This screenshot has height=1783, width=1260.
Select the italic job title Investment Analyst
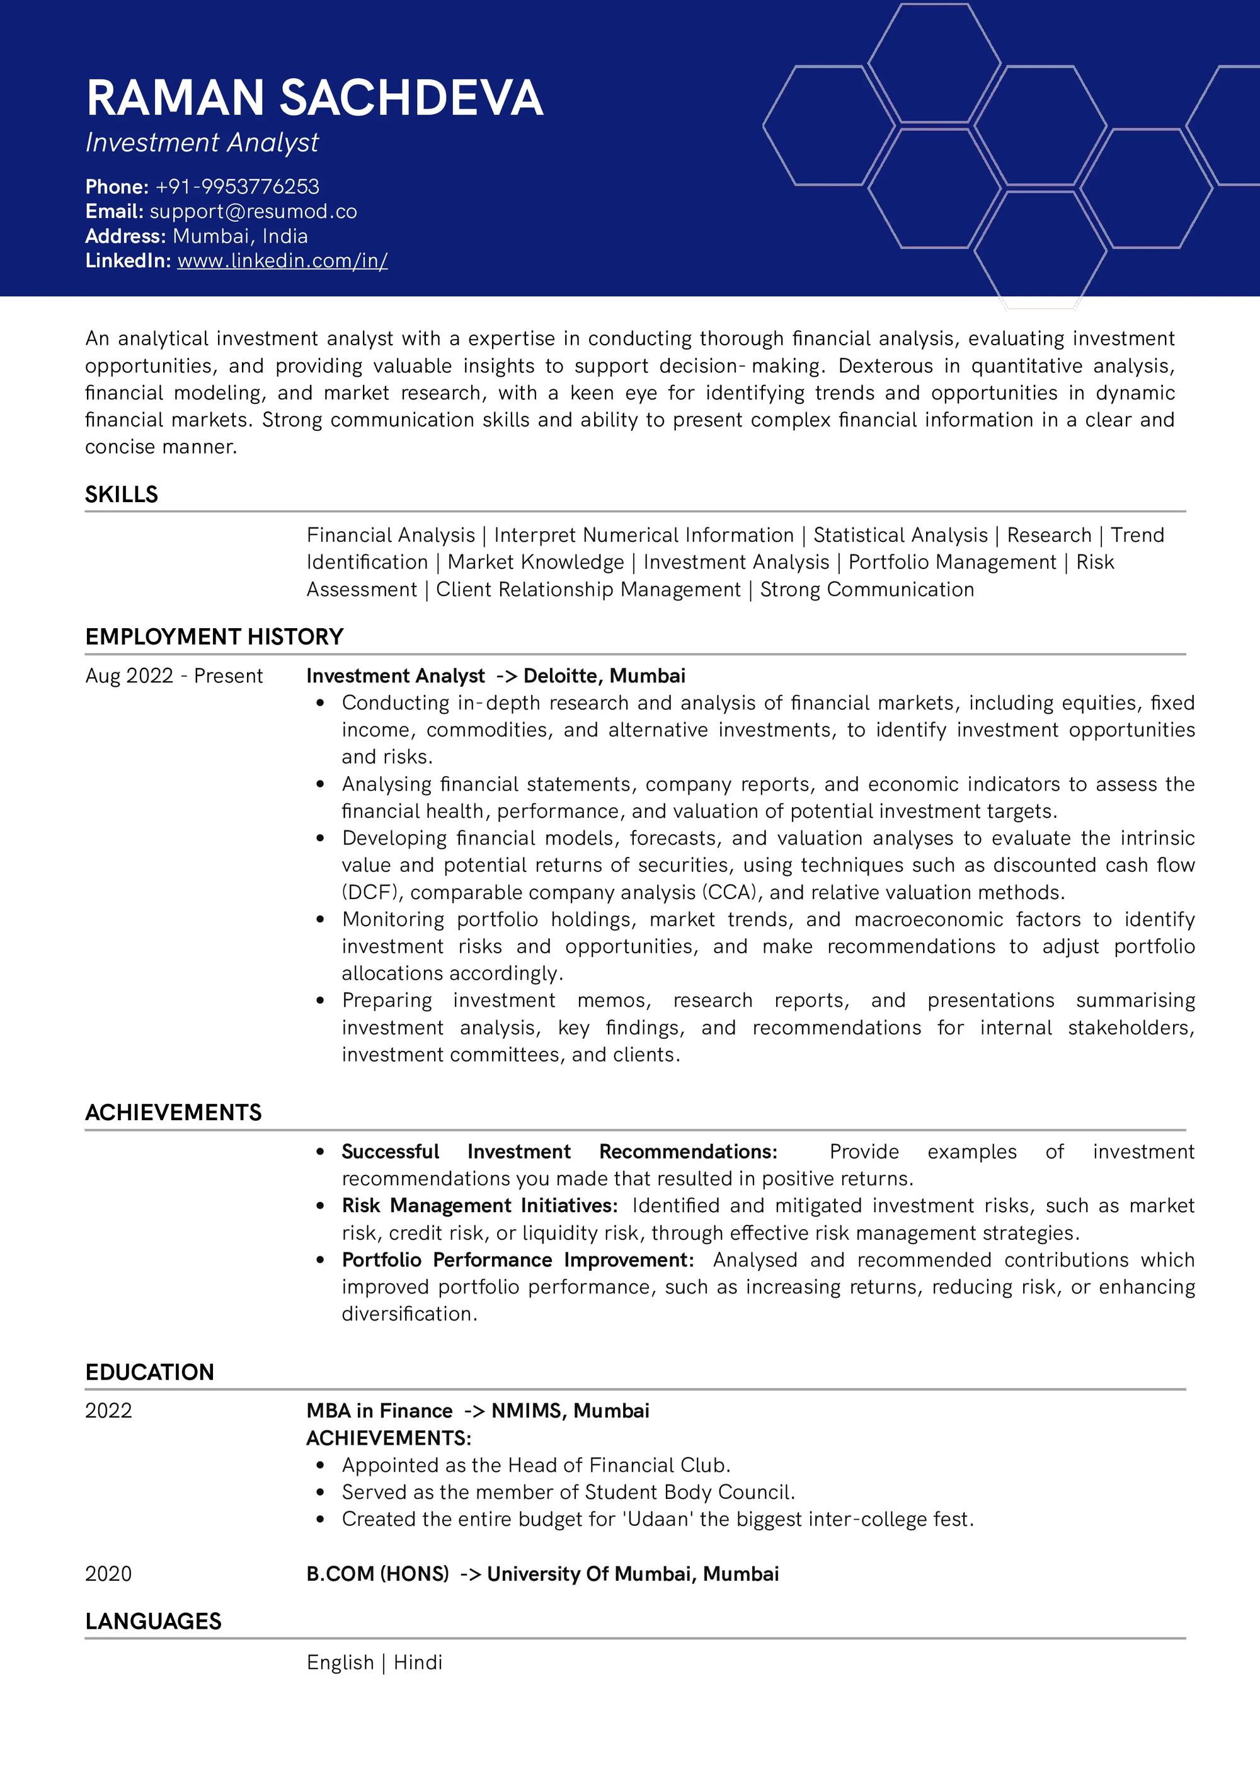pyautogui.click(x=202, y=143)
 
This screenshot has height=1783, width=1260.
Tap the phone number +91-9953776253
pyautogui.click(x=237, y=187)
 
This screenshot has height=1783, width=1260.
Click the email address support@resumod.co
pyautogui.click(x=253, y=212)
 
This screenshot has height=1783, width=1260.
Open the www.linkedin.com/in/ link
pyautogui.click(x=283, y=261)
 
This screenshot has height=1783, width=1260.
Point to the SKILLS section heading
pyautogui.click(x=121, y=495)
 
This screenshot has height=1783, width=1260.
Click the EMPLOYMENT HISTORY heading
pyautogui.click(x=214, y=637)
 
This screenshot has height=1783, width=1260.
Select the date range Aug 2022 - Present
pyautogui.click(x=174, y=677)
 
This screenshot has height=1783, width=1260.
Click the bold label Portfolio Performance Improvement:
pyautogui.click(x=518, y=1259)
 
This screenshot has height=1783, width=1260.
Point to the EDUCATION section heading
pyautogui.click(x=150, y=1372)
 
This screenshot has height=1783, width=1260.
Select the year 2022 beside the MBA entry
pyautogui.click(x=109, y=1411)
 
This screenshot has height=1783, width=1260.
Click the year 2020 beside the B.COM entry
pyautogui.click(x=109, y=1574)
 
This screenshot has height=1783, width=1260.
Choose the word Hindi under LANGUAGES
pyautogui.click(x=418, y=1663)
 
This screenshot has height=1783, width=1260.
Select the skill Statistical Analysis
pyautogui.click(x=900, y=535)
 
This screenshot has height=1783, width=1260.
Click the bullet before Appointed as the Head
pyautogui.click(x=320, y=1466)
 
